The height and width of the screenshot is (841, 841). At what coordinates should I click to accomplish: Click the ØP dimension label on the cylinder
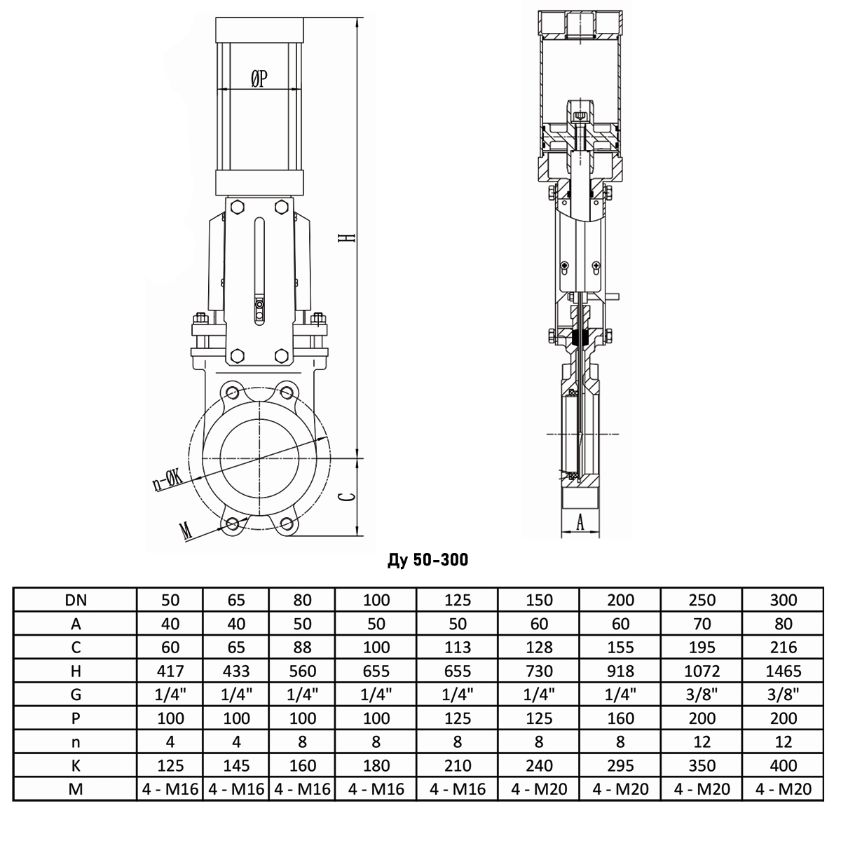tap(259, 78)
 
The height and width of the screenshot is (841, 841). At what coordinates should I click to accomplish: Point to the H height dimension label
tap(348, 238)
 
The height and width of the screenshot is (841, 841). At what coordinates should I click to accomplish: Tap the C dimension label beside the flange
tap(348, 497)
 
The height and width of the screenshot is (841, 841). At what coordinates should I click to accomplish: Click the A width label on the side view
tap(580, 521)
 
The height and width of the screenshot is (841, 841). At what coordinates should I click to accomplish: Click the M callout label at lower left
tap(186, 531)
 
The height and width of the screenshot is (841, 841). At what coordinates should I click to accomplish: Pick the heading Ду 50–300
tap(428, 559)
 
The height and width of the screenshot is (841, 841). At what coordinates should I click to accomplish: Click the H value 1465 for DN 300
tap(784, 671)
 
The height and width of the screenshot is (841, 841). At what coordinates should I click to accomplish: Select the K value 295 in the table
tap(621, 765)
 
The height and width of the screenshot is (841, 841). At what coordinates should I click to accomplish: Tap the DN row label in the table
tap(76, 600)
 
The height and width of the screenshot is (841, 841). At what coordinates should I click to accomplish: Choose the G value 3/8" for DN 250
tap(702, 695)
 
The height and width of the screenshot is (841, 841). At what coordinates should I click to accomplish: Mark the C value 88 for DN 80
tap(302, 647)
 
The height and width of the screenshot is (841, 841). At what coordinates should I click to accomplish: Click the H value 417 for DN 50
tap(170, 671)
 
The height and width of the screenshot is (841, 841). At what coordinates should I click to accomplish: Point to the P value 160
tap(621, 718)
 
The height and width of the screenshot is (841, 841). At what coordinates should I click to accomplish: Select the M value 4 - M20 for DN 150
tap(539, 789)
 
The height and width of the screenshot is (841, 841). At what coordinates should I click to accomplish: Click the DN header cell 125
tap(458, 600)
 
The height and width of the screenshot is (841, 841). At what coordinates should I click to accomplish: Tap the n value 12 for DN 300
tap(784, 741)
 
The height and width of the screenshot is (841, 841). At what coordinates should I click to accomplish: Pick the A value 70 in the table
tap(702, 624)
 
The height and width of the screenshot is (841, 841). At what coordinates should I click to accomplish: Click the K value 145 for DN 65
tap(236, 765)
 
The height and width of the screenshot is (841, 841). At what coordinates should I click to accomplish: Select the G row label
tap(76, 695)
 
